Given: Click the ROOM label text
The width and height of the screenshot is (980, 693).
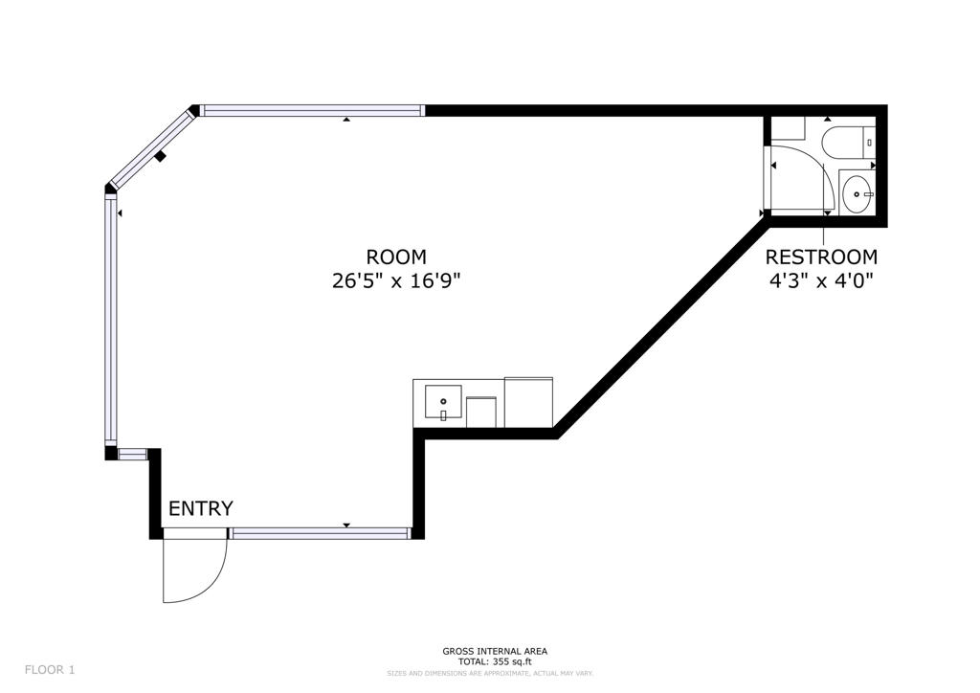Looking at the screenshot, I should tap(396, 257).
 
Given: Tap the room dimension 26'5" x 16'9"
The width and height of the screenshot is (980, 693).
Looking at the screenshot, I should tap(396, 281).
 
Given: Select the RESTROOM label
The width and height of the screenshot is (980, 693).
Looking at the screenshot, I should tap(821, 257).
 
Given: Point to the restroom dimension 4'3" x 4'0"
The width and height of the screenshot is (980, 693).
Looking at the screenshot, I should tap(821, 281).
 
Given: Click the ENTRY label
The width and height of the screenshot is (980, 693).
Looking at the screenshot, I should tap(201, 508).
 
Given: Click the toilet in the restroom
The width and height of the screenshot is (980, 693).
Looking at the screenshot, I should tap(846, 142).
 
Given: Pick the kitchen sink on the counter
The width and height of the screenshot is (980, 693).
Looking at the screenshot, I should tap(443, 403).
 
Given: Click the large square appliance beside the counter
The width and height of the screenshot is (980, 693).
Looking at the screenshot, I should tap(528, 402).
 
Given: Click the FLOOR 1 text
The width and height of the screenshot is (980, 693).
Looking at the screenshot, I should tap(50, 670).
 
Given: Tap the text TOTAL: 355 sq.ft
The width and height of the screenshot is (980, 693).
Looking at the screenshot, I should tap(494, 661).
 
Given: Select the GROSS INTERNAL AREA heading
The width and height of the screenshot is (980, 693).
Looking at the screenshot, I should tap(495, 651).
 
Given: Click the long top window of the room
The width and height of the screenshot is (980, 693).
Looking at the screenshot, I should tap(312, 111).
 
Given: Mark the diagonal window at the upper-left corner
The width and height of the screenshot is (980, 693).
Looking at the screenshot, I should tap(151, 147).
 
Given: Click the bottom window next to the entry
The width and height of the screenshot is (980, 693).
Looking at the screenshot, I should tap(320, 533).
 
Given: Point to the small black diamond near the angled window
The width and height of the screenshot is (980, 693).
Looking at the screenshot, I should tap(162, 156).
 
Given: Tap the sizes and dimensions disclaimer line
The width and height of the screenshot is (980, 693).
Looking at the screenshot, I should tap(490, 673).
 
